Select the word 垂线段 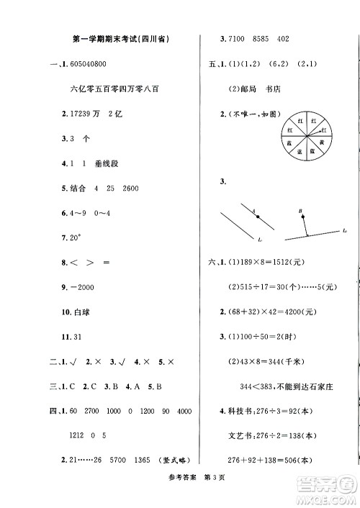pos(107,163)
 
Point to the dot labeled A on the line pos(255,212)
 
